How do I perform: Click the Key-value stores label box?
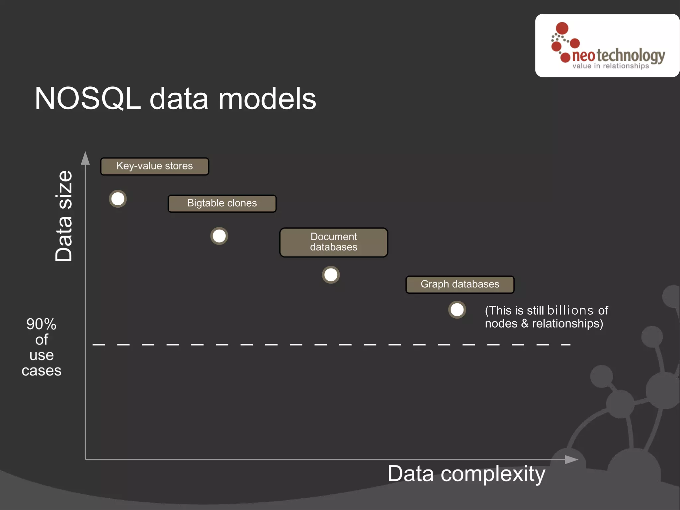(155, 166)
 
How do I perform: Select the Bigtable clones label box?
(222, 203)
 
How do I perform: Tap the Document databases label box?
(334, 242)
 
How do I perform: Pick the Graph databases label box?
(460, 284)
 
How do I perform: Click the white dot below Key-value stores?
(118, 199)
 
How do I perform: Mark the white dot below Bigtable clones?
(219, 236)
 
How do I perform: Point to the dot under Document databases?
(331, 275)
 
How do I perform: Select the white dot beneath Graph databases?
(457, 310)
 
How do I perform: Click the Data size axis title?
(64, 216)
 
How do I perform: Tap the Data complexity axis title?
(466, 474)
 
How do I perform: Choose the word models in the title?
(267, 99)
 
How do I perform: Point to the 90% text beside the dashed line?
(42, 324)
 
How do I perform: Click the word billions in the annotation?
(570, 310)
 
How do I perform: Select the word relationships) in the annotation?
(567, 324)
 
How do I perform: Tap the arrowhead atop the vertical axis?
(85, 158)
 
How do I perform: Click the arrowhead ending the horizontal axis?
(571, 459)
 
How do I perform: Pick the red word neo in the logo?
(583, 56)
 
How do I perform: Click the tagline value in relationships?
(610, 66)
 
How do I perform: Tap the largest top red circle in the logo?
(562, 28)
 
